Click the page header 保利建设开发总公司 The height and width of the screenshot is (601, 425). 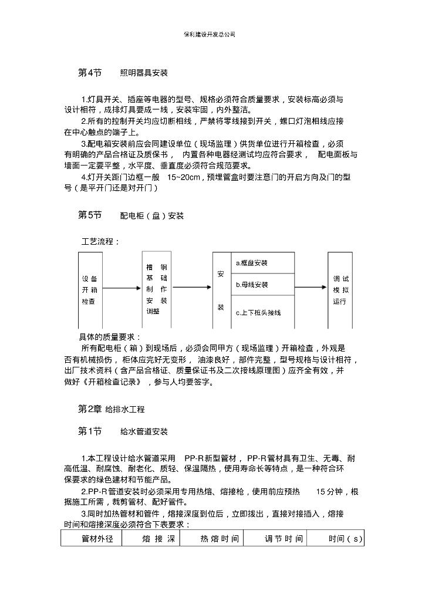click(x=210, y=35)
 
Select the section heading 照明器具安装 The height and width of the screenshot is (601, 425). click(x=144, y=73)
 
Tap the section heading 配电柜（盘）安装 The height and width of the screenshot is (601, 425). click(x=151, y=216)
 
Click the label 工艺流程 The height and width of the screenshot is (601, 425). click(x=100, y=242)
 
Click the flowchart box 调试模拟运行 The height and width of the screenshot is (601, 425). click(x=340, y=290)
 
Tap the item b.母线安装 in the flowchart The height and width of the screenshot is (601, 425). click(x=252, y=285)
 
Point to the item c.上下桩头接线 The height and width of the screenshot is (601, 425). click(x=258, y=312)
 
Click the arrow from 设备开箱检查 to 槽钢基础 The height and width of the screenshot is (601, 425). click(x=122, y=288)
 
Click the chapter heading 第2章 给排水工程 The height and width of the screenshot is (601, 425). click(x=111, y=408)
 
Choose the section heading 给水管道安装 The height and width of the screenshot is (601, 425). click(x=144, y=432)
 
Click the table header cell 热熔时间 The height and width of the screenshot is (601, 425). click(x=219, y=538)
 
